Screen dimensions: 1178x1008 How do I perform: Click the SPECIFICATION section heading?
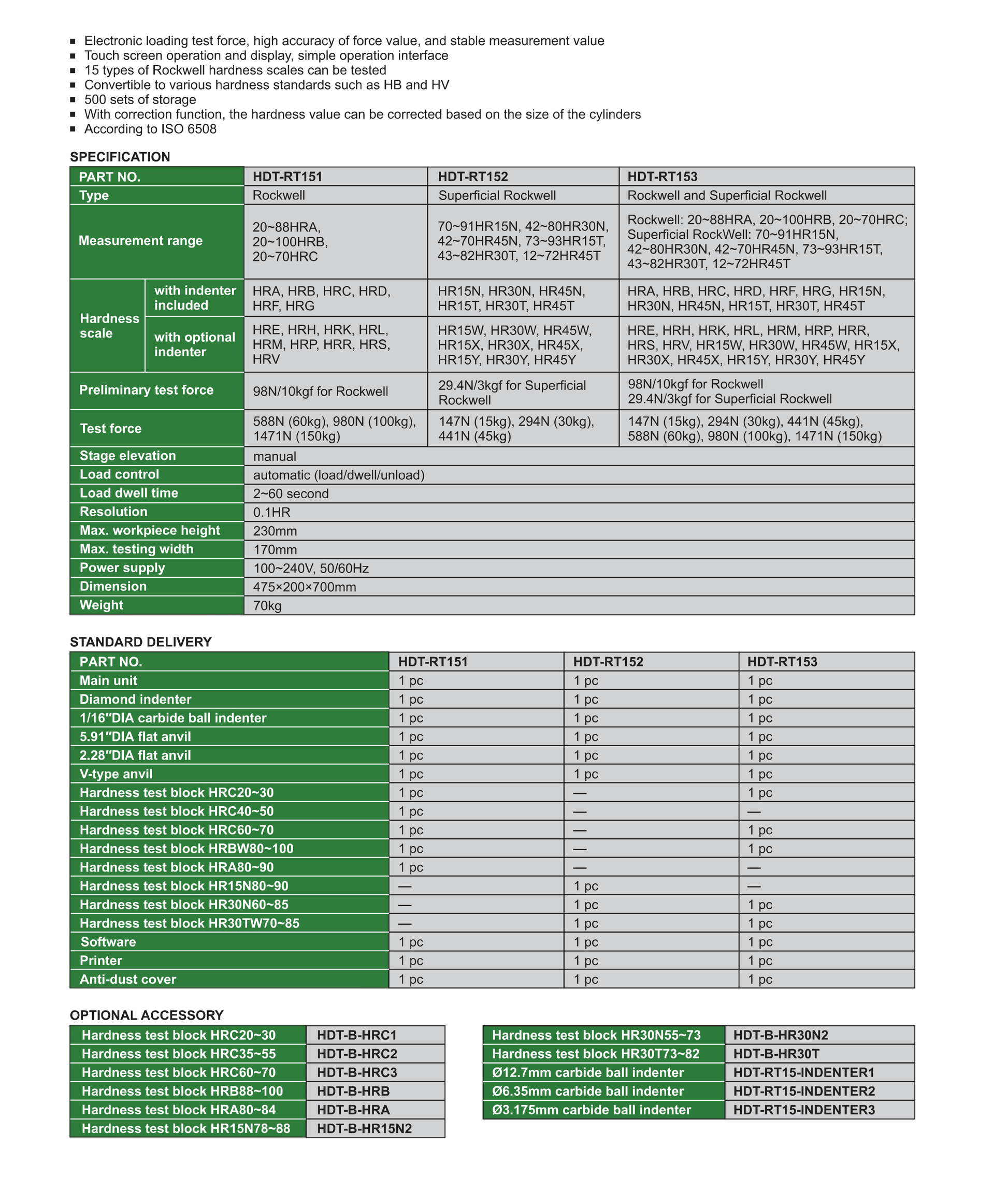coord(120,157)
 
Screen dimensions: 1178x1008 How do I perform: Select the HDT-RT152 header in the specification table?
coord(473,177)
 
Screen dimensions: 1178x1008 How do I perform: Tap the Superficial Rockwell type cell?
coord(497,196)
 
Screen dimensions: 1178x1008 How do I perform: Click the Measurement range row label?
coord(140,240)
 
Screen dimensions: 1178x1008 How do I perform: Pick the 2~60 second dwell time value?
coord(291,493)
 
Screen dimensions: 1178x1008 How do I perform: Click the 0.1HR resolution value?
coord(272,512)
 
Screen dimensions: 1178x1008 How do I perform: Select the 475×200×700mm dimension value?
coord(305,587)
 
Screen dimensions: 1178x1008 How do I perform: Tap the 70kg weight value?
coord(267,605)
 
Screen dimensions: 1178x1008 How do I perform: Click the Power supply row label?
coord(122,568)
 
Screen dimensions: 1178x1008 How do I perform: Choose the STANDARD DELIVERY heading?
coord(140,642)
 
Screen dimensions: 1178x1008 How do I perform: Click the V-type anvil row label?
coord(116,774)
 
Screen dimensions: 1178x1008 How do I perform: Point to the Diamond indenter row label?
coord(135,700)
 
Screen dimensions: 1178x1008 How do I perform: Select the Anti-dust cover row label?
coord(128,979)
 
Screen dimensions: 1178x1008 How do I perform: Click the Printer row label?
coord(100,960)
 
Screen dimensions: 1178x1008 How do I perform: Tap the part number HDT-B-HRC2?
coord(357,1054)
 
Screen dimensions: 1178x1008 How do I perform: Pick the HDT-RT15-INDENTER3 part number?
coord(804,1110)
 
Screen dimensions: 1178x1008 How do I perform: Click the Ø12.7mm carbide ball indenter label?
coord(587,1072)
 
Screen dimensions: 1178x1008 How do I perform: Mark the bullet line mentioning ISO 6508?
coord(150,129)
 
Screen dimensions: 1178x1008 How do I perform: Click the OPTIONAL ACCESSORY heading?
coord(146,1015)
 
